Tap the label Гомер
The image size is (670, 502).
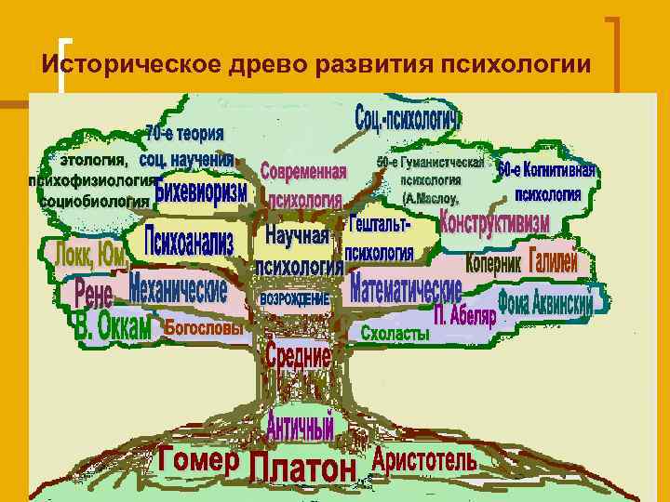(x=198, y=458)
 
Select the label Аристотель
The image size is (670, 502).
(x=424, y=459)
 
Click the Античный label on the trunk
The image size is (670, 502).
(x=300, y=427)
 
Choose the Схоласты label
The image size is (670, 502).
(x=395, y=333)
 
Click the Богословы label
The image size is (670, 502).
(x=204, y=327)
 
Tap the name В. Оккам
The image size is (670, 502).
(x=113, y=327)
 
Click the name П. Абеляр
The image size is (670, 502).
(x=465, y=314)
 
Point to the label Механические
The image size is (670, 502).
(x=178, y=287)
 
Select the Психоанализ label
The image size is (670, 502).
(x=189, y=243)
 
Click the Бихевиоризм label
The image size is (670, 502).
(x=201, y=192)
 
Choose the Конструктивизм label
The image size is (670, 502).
(x=494, y=224)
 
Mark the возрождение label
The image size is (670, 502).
(x=295, y=299)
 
